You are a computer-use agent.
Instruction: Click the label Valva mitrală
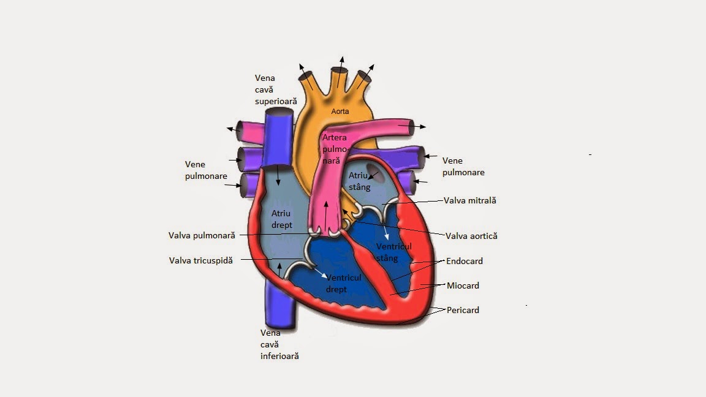point(470,200)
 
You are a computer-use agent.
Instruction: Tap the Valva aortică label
point(471,236)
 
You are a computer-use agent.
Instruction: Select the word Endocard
point(465,261)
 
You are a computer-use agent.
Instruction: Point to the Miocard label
point(463,285)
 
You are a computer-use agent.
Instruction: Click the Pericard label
point(463,310)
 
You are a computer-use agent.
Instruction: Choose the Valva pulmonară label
point(202,235)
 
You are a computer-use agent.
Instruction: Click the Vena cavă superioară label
point(276,89)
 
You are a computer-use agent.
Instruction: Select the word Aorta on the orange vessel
point(340,112)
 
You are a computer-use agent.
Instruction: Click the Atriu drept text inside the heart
point(282,219)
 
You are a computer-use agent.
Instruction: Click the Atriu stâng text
point(360,181)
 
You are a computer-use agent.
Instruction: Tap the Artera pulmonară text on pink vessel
point(335,149)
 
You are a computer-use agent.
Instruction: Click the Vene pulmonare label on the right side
point(463,166)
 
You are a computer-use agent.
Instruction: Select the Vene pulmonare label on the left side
point(206,170)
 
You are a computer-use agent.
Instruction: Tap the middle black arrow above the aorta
point(341,64)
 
